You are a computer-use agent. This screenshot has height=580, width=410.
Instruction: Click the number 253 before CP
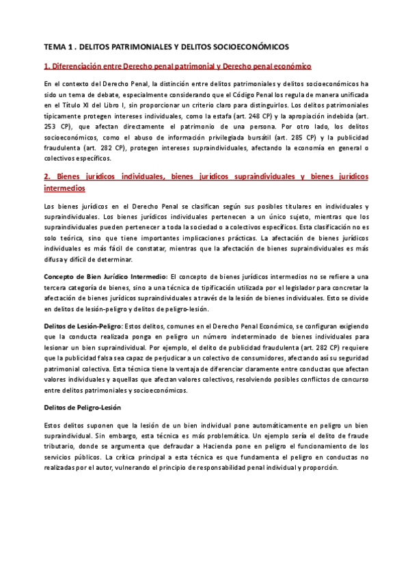(50, 128)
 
